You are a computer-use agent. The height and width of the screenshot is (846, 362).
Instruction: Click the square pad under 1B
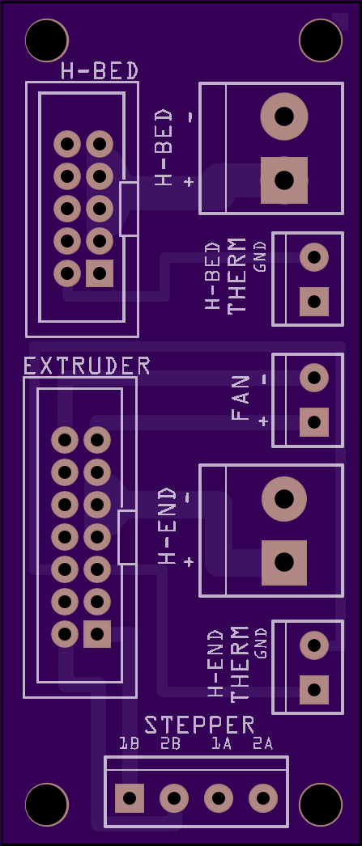click(x=130, y=798)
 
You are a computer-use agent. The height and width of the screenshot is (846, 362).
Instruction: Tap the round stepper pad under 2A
click(x=263, y=798)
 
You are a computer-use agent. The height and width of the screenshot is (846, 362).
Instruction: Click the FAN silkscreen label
click(x=241, y=398)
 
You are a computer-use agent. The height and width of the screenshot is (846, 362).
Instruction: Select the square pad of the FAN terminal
click(x=314, y=422)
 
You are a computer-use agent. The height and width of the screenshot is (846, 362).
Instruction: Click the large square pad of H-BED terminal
click(x=284, y=180)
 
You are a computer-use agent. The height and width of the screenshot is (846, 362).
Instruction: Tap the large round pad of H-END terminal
click(x=284, y=499)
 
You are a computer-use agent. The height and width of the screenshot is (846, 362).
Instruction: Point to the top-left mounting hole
click(x=47, y=40)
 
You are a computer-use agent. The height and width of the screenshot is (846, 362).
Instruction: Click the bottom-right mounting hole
click(x=321, y=805)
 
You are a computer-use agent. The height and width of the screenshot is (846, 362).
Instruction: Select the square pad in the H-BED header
click(x=100, y=273)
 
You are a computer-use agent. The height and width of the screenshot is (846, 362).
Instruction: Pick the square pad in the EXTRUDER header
click(x=97, y=634)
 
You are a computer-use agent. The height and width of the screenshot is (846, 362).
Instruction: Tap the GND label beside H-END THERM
click(x=262, y=643)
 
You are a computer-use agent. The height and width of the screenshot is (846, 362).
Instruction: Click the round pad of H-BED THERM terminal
click(x=314, y=257)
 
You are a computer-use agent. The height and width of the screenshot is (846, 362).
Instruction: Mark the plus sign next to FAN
click(x=263, y=421)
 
